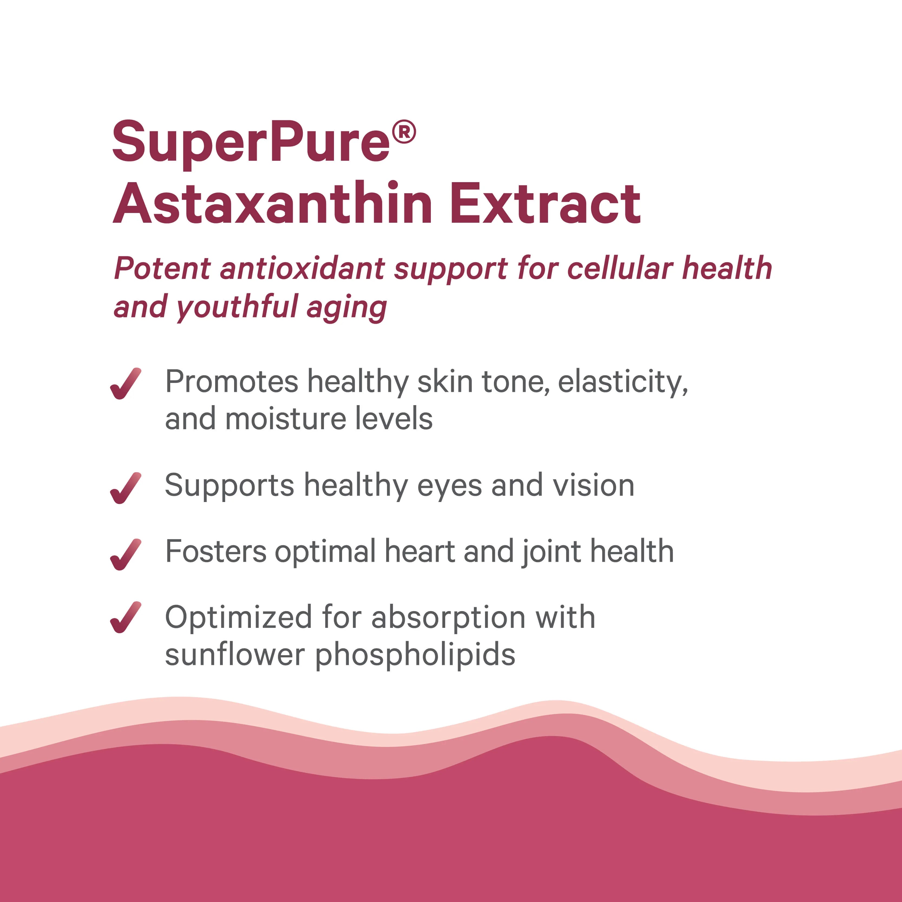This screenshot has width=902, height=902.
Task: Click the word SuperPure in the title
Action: (x=251, y=142)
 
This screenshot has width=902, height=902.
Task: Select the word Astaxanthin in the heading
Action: (x=273, y=204)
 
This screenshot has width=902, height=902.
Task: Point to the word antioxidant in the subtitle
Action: (x=303, y=269)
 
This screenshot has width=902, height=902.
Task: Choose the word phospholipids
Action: (x=415, y=655)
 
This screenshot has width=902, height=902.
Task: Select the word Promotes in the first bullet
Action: (x=232, y=382)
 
